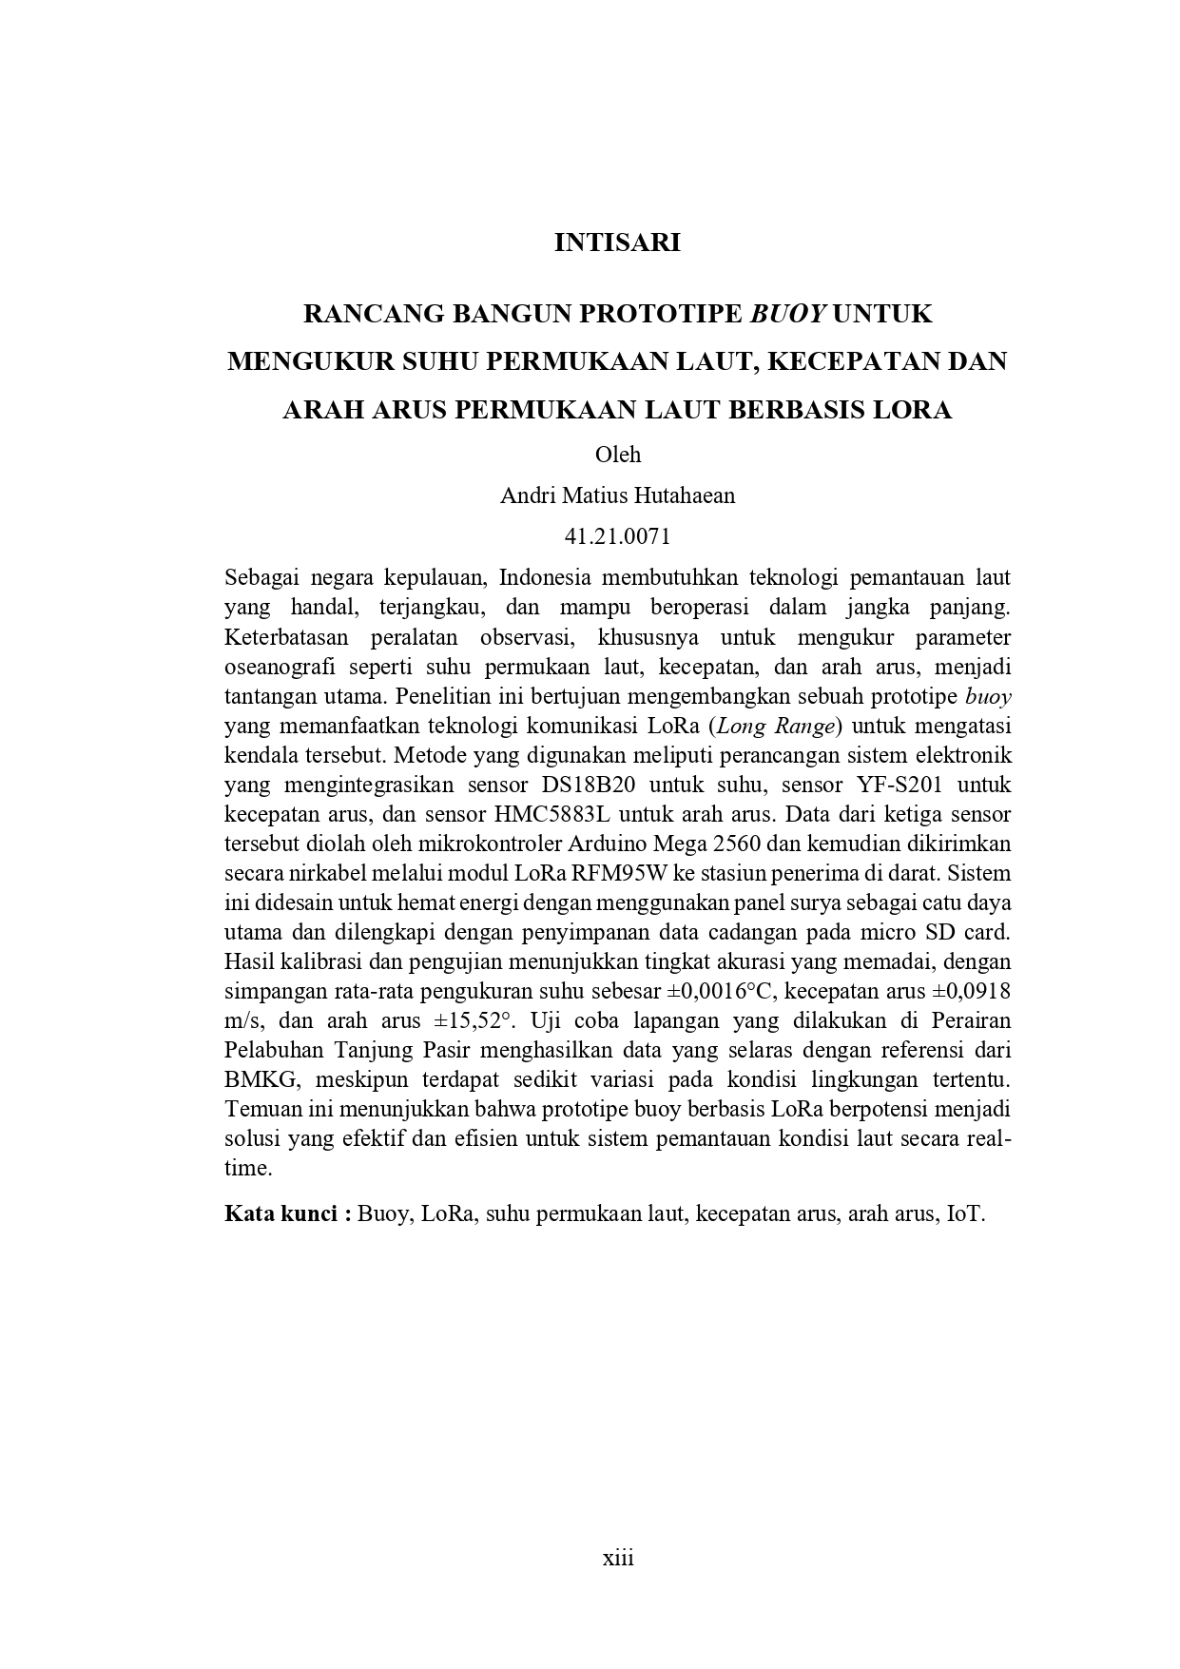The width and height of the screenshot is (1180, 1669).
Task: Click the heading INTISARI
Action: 617,243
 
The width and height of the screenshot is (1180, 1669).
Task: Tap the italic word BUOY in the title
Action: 787,313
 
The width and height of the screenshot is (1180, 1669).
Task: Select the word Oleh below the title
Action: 618,455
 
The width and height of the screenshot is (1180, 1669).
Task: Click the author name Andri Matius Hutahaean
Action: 618,495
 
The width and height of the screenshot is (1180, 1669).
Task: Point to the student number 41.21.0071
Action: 618,536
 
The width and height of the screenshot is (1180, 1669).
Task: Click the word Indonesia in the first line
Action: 545,577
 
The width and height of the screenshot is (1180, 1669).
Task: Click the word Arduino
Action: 613,844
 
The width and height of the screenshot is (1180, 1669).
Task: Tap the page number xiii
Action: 618,1558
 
